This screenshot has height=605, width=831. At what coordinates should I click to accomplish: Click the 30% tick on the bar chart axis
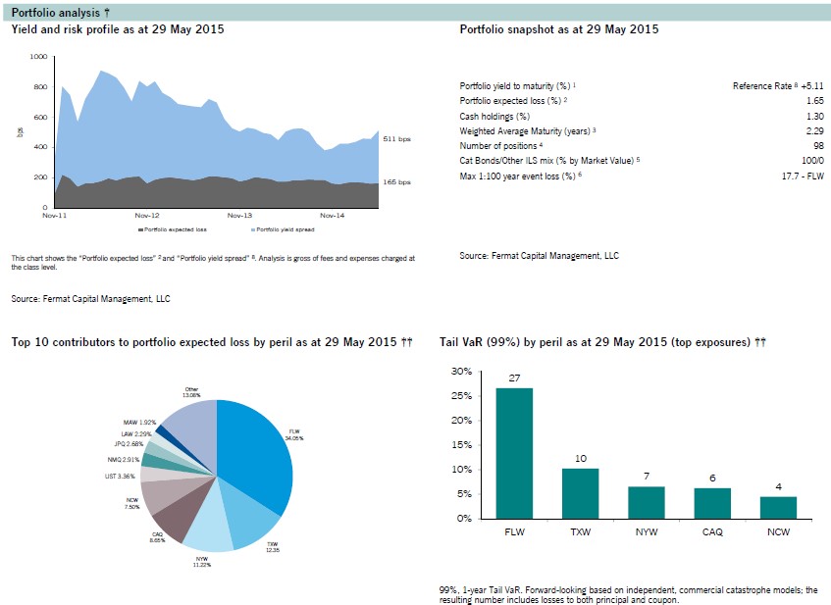pos(460,372)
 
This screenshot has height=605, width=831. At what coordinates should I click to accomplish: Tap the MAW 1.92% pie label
pos(127,423)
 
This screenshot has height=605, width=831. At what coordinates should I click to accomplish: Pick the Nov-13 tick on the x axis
pos(239,215)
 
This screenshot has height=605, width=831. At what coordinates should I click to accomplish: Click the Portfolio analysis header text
pos(47,11)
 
